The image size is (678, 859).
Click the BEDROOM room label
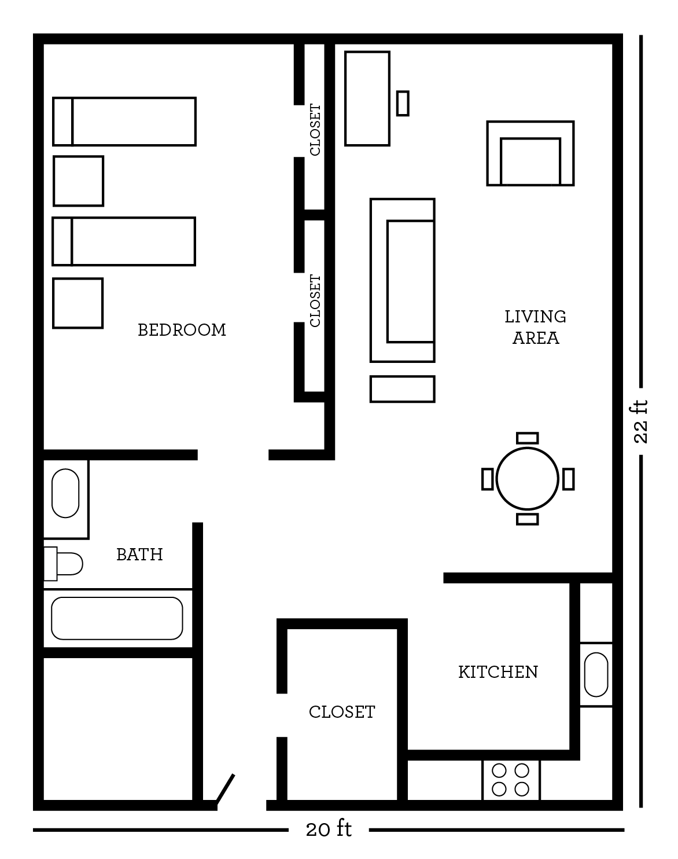pos(182,330)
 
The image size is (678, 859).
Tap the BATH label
pos(139,555)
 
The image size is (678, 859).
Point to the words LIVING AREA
pos(536,327)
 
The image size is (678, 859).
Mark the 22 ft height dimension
pos(640,421)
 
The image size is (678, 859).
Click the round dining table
pos(527,479)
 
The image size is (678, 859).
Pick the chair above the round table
pos(528,438)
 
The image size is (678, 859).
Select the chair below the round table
pos(528,519)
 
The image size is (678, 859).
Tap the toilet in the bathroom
pos(63,564)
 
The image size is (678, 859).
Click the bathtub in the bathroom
pos(117,618)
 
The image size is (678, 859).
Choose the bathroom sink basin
pos(65,493)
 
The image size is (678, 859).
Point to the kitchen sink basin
pos(596,674)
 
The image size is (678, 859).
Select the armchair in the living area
pos(530,153)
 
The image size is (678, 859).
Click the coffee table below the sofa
pos(402,389)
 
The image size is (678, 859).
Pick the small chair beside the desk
pos(403,104)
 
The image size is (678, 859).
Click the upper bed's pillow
pos(62,122)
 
